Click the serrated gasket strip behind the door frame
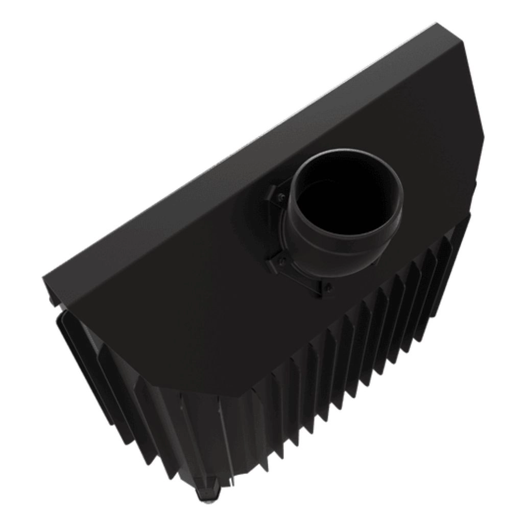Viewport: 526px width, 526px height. point(84,332)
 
